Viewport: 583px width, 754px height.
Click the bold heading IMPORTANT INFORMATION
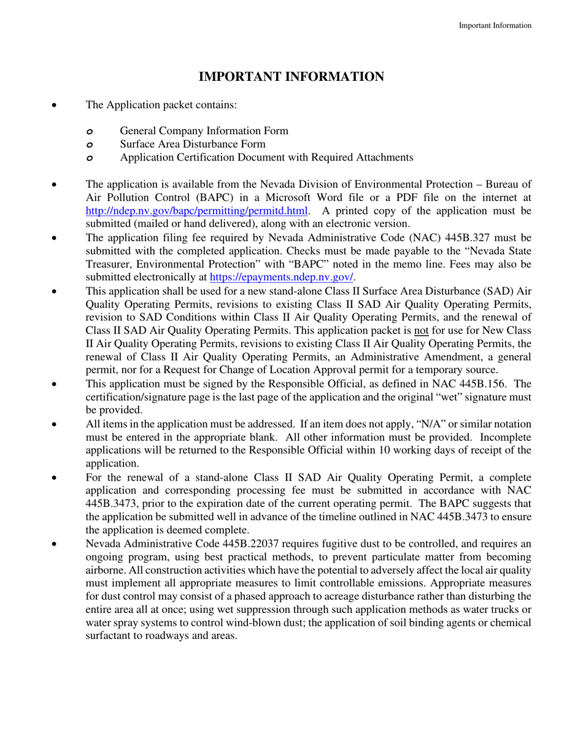[291, 77]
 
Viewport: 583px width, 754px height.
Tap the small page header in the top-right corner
[495, 25]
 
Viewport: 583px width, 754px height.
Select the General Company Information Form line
[204, 131]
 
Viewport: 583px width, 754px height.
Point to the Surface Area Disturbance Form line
[193, 144]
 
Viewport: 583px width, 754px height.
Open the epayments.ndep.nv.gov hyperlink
[282, 277]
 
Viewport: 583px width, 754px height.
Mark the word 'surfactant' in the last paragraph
[110, 636]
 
